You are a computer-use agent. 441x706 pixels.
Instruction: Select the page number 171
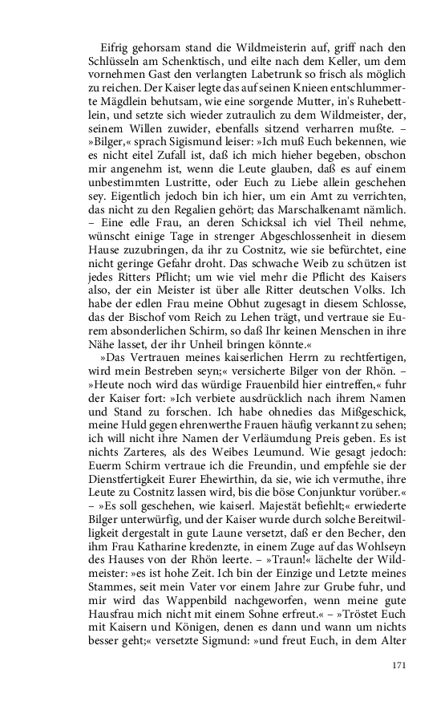pyautogui.click(x=401, y=666)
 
